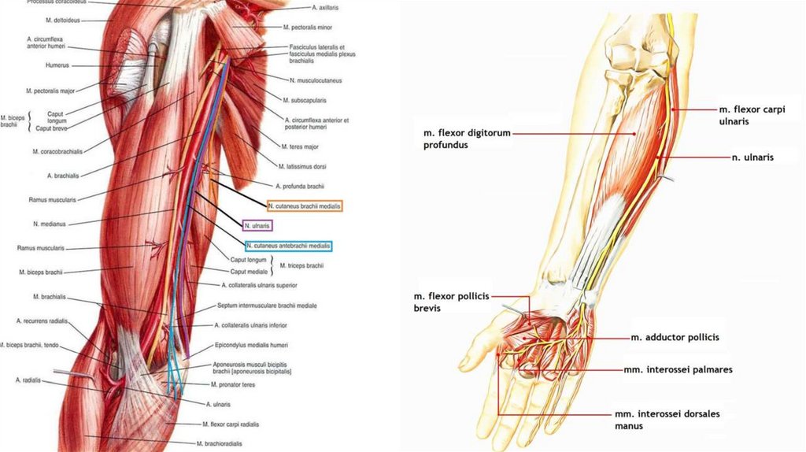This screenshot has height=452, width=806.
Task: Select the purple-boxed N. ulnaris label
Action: point(257,226)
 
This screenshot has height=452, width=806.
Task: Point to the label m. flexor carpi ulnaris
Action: point(752,115)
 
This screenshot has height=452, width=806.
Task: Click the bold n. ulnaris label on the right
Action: point(752,157)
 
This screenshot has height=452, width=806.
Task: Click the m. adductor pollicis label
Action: point(675,337)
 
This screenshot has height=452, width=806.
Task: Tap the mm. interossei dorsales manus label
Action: point(667,419)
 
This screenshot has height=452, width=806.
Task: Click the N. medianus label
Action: point(65,223)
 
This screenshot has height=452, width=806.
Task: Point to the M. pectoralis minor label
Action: point(309,27)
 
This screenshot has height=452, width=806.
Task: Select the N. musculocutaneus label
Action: point(315,80)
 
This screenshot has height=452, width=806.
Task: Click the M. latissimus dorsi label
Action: point(302,166)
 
